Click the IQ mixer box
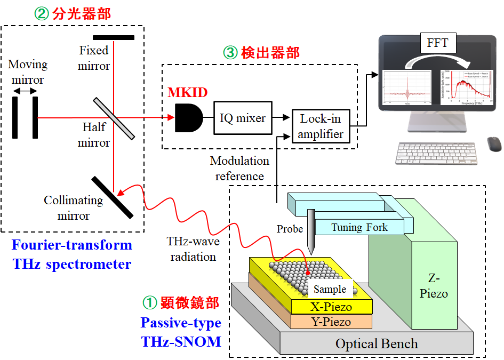click(x=243, y=118)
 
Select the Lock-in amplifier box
click(x=321, y=126)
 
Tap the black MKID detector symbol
click(x=188, y=118)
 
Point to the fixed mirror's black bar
click(x=114, y=37)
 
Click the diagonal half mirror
click(x=114, y=118)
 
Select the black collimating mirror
click(x=113, y=196)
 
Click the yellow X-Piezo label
click(x=331, y=307)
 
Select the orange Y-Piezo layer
click(x=331, y=322)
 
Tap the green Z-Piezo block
click(x=433, y=286)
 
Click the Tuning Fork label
click(x=359, y=227)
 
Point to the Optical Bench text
click(x=377, y=343)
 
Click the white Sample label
click(x=330, y=289)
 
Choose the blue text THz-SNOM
click(x=181, y=341)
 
